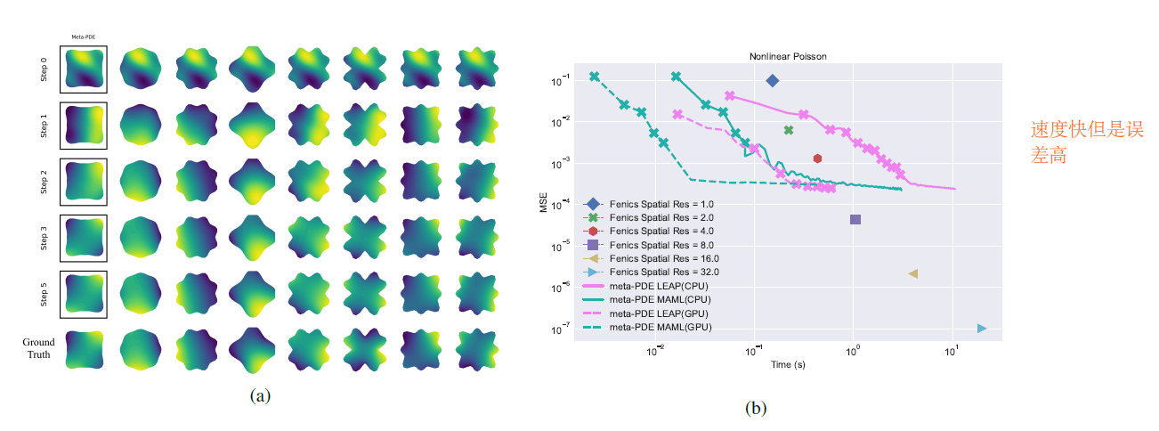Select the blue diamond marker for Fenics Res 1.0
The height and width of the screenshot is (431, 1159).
773,81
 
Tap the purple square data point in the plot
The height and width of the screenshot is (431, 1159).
855,219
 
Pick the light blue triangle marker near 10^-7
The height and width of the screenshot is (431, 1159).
982,329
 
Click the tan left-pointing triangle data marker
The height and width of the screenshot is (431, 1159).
913,273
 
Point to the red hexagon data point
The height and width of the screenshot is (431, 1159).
817,159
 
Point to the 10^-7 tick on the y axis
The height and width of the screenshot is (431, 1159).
562,329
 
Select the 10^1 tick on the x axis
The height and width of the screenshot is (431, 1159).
952,350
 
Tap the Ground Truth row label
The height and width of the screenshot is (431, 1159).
38,348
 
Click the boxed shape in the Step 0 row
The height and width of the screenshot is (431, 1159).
84,69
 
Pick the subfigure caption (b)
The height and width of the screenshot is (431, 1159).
755,409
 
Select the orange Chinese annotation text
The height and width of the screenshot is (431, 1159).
1086,142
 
